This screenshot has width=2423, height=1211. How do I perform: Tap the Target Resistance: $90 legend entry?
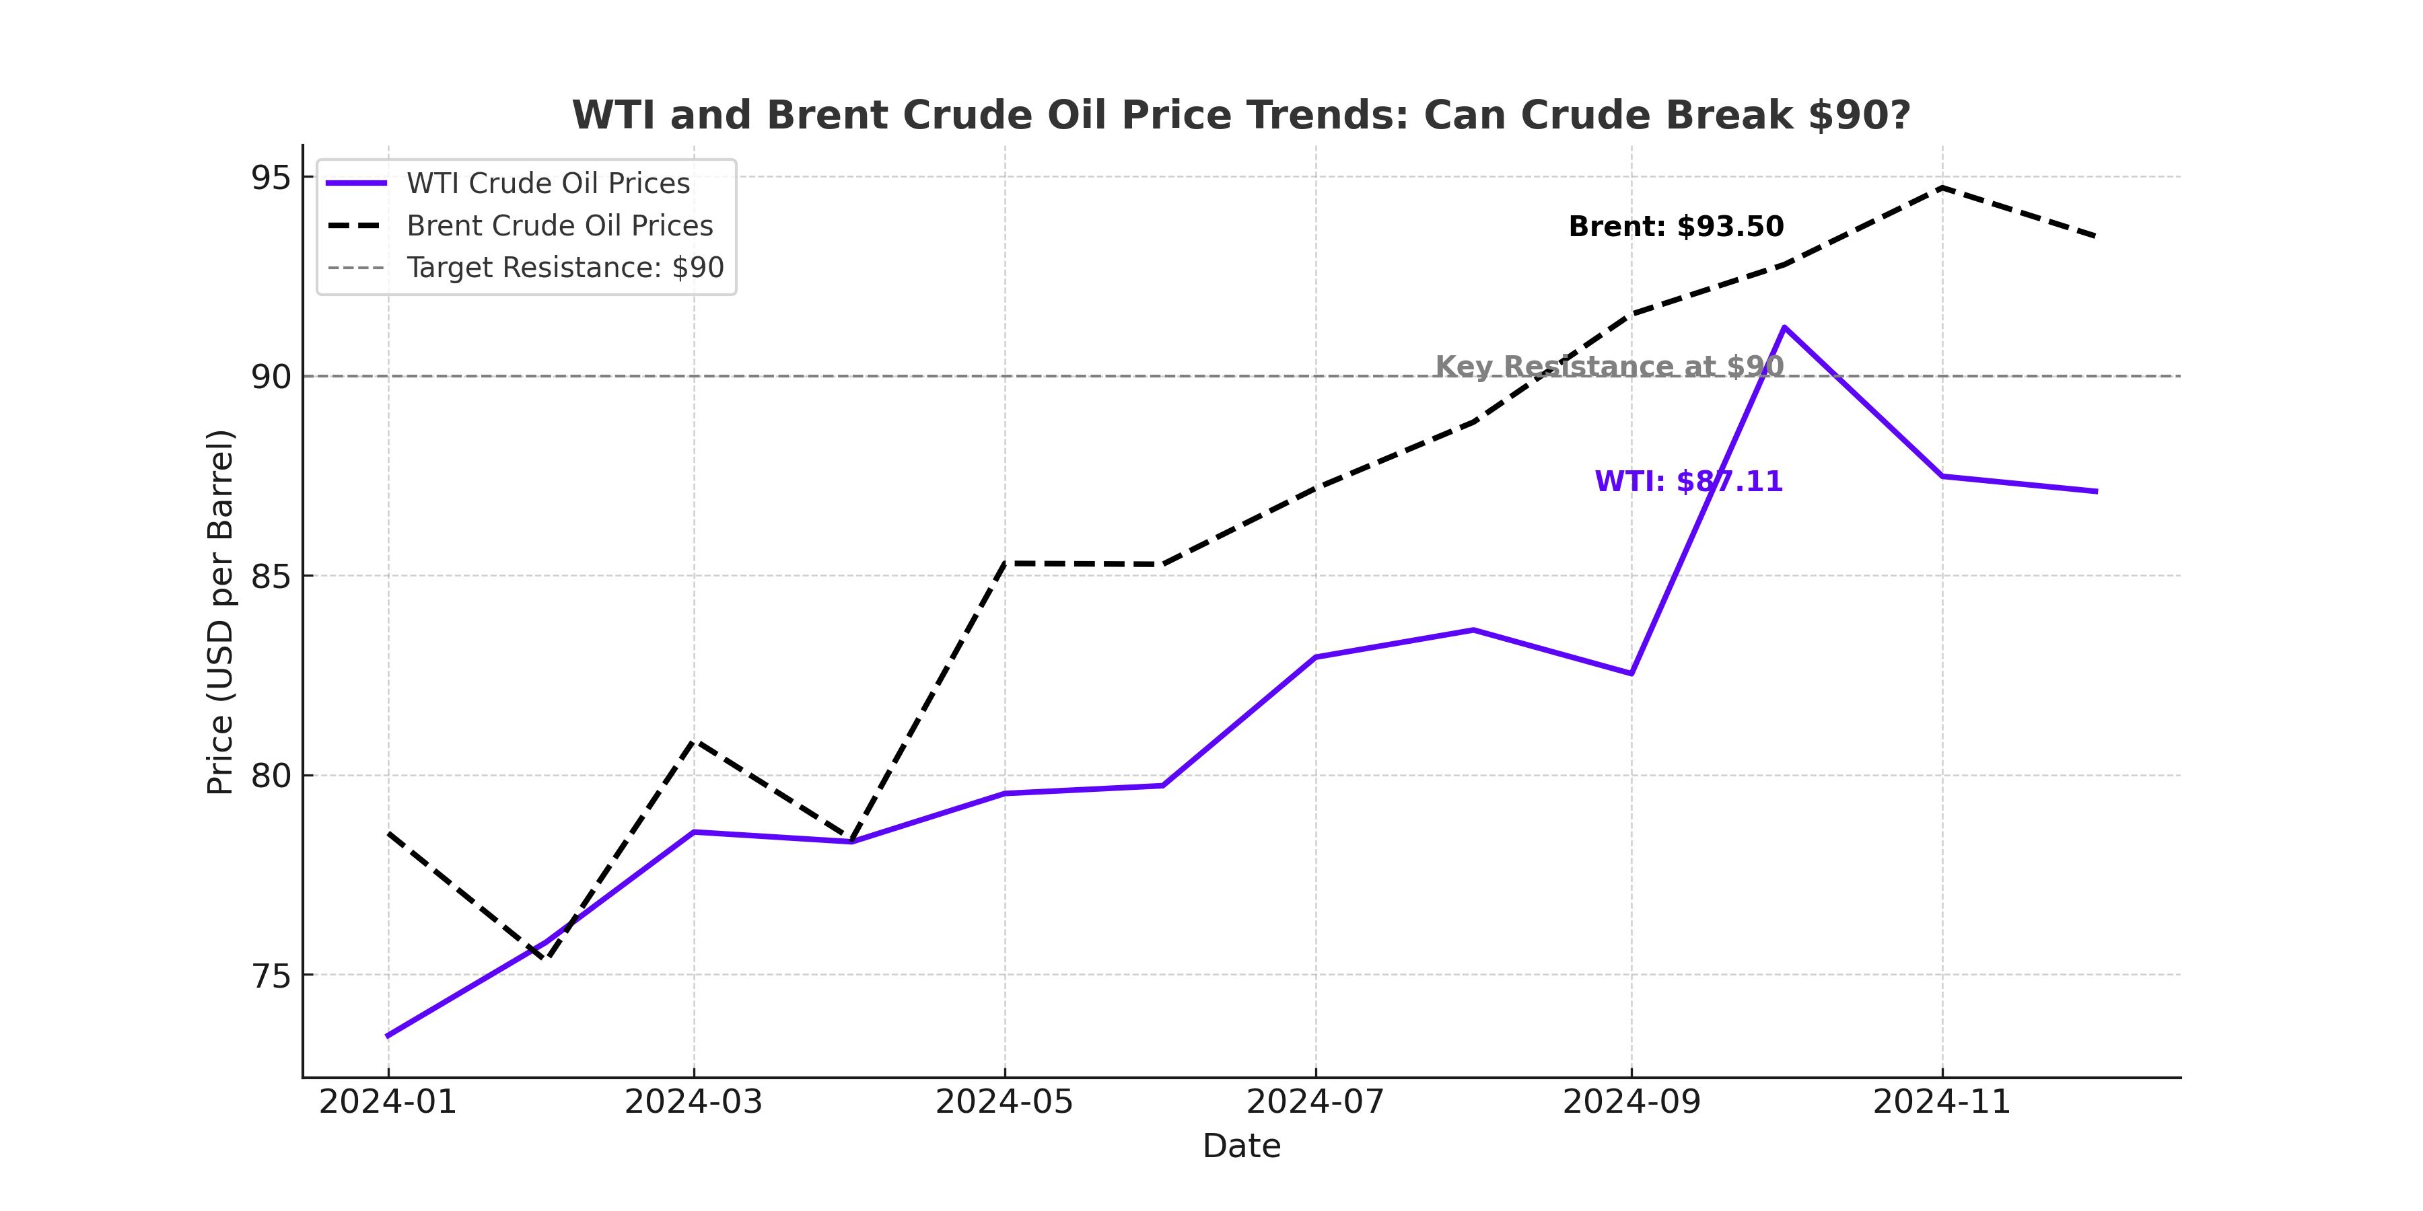click(x=565, y=268)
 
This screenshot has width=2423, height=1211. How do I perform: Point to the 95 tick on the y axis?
click(x=270, y=178)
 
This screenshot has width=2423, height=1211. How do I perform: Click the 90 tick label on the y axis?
click(x=270, y=377)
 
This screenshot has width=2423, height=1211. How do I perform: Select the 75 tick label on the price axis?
click(x=270, y=977)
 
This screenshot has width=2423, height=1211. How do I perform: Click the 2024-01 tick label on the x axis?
click(x=388, y=1102)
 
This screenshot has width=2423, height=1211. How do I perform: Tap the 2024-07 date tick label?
click(x=1315, y=1102)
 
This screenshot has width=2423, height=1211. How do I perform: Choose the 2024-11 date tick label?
click(x=1941, y=1102)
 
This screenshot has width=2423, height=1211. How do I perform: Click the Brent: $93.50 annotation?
click(x=1675, y=227)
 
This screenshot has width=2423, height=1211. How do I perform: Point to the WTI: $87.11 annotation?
click(x=1689, y=482)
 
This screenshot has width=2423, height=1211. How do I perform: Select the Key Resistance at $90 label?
click(x=1609, y=366)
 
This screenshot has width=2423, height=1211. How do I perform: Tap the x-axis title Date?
click(x=1240, y=1146)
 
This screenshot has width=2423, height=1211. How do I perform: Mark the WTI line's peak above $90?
click(x=1784, y=327)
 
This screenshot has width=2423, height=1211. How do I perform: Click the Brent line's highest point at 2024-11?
click(x=1941, y=187)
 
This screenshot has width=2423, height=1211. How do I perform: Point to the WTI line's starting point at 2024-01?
click(x=388, y=1036)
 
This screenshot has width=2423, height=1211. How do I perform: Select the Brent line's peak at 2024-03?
click(x=694, y=741)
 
